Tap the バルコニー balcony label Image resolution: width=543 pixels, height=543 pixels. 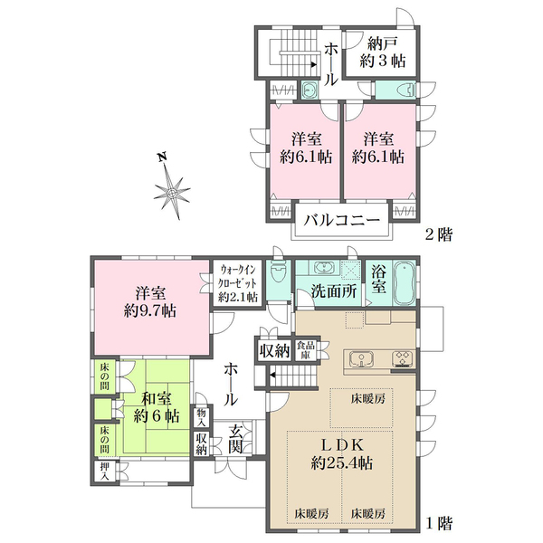(x=341, y=220)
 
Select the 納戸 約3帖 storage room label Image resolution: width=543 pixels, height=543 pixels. (x=382, y=52)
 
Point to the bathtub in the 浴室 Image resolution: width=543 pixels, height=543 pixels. (x=404, y=283)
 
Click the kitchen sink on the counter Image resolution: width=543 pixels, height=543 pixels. (x=361, y=358)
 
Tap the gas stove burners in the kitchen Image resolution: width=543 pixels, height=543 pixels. (x=403, y=358)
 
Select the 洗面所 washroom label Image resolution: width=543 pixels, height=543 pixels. (x=334, y=291)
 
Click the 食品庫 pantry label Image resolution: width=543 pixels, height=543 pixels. (x=306, y=349)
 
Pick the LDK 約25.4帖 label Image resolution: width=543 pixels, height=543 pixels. (x=342, y=453)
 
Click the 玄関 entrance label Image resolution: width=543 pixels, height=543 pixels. (x=236, y=440)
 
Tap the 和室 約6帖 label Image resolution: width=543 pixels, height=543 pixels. (x=157, y=407)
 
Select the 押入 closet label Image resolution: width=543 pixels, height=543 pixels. (x=105, y=472)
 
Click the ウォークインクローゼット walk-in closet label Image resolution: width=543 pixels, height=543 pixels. (x=238, y=283)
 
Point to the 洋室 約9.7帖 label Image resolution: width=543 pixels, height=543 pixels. (x=150, y=302)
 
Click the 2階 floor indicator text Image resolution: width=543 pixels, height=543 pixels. (x=439, y=234)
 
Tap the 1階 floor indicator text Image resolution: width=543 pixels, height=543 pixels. (x=439, y=523)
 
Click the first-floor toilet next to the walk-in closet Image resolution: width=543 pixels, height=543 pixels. (x=279, y=273)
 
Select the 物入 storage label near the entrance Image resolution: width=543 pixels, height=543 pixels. (x=202, y=417)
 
